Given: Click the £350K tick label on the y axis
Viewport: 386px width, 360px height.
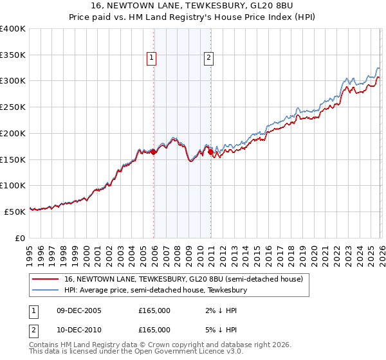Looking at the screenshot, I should click(x=13, y=55).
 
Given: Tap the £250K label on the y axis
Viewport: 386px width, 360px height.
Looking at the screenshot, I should click(x=13, y=107).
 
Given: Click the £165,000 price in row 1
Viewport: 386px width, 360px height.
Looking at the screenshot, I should click(x=154, y=310).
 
